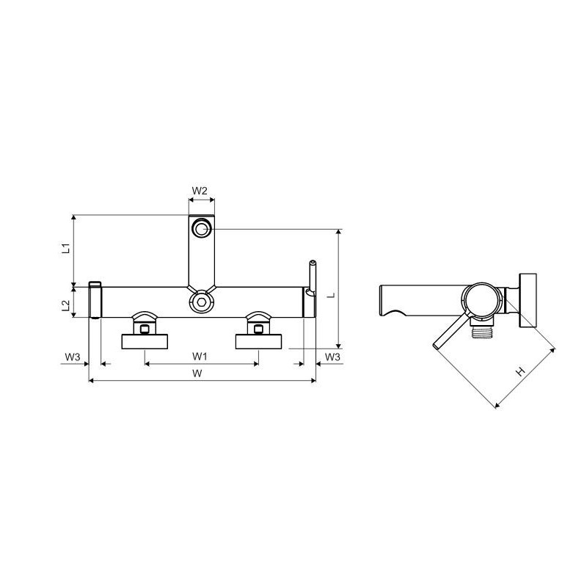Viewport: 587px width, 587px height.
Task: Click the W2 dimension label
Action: (x=200, y=191)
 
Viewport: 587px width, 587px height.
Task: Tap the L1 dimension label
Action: (x=66, y=248)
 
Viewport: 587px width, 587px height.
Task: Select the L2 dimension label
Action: (x=66, y=305)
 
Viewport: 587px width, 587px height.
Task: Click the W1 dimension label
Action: (x=200, y=356)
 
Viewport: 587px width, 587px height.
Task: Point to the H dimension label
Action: (x=521, y=371)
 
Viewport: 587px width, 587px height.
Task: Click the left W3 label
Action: (x=73, y=357)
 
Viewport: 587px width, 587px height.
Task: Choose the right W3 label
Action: (x=332, y=357)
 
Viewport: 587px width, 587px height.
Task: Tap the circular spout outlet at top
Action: (x=202, y=229)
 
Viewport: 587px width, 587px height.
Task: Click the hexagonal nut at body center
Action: (x=202, y=302)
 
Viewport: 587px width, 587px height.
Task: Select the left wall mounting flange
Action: (x=145, y=341)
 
